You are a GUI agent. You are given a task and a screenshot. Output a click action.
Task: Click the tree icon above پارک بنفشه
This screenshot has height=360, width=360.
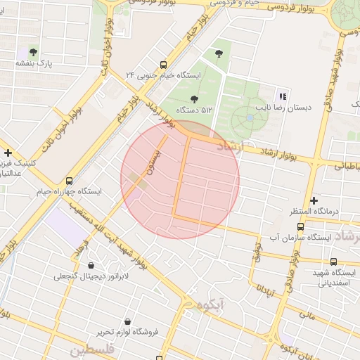point(32,51)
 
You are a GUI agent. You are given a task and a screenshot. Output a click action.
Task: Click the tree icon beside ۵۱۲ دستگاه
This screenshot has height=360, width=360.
point(194,98)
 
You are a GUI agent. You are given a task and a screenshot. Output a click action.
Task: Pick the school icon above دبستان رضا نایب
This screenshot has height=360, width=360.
point(283,96)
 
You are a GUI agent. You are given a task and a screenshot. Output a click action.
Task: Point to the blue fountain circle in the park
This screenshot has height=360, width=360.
point(249,117)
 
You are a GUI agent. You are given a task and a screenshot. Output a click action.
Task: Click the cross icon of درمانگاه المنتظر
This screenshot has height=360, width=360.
point(314,200)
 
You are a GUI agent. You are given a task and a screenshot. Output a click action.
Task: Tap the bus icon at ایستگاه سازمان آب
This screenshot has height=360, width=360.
point(301,226)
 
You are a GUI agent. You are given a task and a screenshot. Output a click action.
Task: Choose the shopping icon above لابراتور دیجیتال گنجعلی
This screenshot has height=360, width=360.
point(92,265)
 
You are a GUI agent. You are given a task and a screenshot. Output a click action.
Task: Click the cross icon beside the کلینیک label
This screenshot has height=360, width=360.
point(8,153)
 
